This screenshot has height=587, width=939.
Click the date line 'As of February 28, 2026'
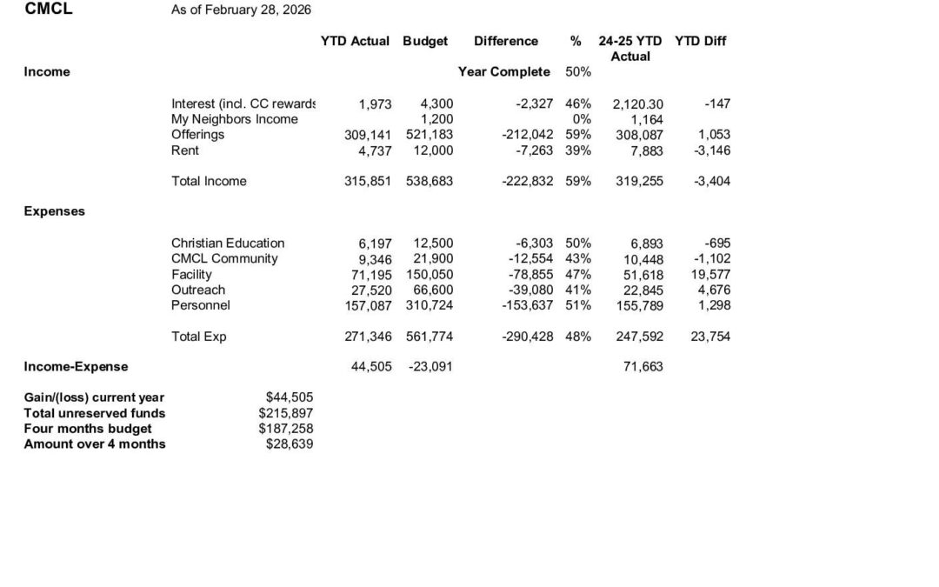(x=242, y=10)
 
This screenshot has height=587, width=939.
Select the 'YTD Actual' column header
(x=356, y=41)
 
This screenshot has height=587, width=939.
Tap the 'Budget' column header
(x=426, y=41)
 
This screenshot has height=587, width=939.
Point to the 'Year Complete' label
(x=504, y=72)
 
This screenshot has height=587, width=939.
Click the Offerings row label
(x=197, y=135)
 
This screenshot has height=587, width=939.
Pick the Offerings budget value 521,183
(x=430, y=135)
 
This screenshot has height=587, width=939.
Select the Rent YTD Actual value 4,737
(x=376, y=150)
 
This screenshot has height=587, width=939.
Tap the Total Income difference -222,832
(x=528, y=181)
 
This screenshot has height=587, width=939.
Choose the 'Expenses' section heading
(x=55, y=211)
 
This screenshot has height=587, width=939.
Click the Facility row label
(x=191, y=274)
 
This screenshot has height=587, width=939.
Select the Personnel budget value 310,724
(x=430, y=305)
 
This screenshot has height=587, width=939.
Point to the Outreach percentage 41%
(x=578, y=290)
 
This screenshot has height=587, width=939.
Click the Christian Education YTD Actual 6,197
(x=376, y=243)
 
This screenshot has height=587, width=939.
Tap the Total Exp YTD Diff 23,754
(x=710, y=337)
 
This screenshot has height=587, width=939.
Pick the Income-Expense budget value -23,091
(x=430, y=367)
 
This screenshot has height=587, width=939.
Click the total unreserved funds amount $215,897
(x=289, y=413)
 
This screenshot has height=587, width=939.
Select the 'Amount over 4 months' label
(x=95, y=444)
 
